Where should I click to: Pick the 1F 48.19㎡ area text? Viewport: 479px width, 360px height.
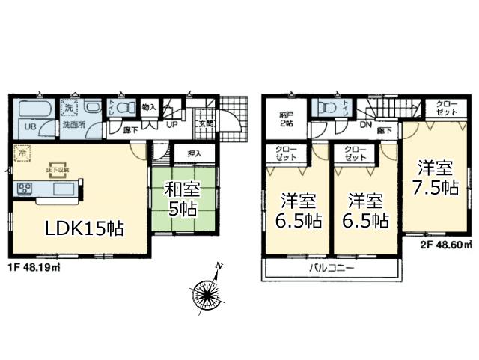click(35, 265)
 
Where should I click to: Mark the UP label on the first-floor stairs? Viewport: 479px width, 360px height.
click(171, 124)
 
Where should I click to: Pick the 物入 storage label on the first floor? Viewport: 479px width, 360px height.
click(148, 107)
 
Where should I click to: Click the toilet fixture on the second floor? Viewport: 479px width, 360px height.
click(326, 109)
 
